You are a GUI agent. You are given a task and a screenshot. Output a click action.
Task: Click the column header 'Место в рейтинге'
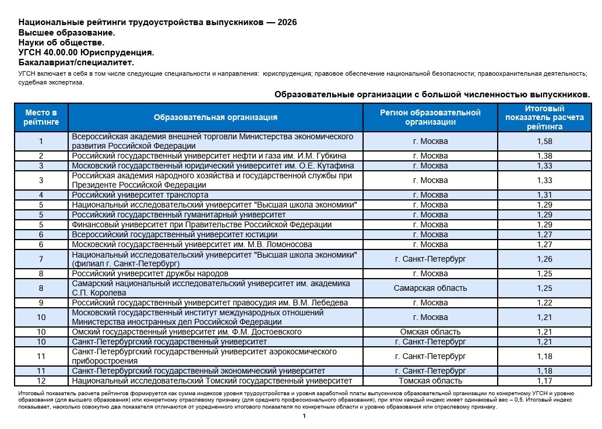click(41, 117)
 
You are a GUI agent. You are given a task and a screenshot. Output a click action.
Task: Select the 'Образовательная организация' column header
click(215, 117)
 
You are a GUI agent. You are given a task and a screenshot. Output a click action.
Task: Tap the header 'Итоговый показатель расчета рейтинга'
click(544, 117)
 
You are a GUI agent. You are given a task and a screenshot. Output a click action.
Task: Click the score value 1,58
click(544, 141)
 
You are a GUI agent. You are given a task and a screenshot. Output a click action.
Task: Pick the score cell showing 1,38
click(544, 156)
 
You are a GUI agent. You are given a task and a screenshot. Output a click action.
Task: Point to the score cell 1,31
click(544, 195)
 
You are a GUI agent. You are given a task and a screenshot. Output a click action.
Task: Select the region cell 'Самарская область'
click(430, 288)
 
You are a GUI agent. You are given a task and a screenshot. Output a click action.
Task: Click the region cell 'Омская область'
click(430, 332)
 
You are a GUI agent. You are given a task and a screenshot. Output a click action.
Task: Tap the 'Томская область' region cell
click(430, 381)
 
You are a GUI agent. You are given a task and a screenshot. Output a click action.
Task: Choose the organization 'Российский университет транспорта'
click(140, 195)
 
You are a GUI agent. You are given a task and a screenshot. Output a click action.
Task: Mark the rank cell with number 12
click(41, 381)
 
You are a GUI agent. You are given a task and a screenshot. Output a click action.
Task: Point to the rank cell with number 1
click(41, 141)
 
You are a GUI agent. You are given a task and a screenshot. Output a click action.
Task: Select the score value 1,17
click(544, 381)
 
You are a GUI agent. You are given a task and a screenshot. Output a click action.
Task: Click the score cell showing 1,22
click(544, 303)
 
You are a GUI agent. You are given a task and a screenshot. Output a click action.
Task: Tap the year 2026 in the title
click(287, 23)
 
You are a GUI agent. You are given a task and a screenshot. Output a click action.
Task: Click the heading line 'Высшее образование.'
click(66, 33)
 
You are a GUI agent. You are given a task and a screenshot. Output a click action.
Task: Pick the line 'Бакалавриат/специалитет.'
click(76, 62)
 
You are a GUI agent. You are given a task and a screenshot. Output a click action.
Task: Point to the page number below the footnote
click(304, 416)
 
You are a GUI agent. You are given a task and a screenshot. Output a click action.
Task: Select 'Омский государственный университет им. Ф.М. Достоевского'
click(186, 332)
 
